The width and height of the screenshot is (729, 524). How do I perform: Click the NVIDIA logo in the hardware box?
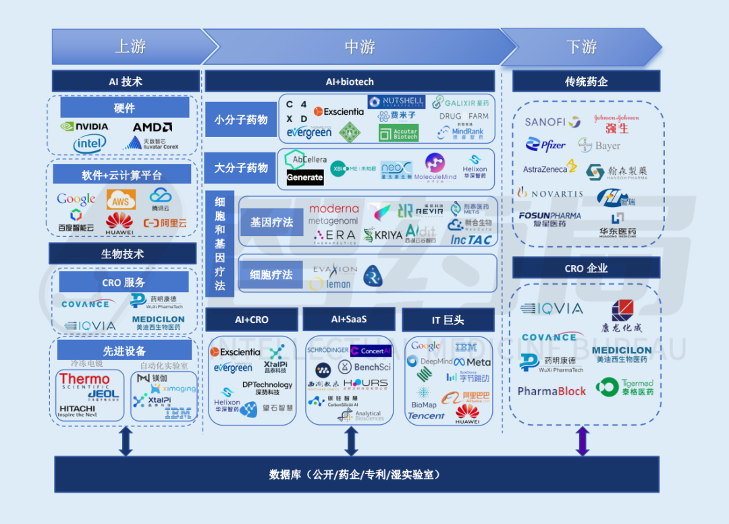pyautogui.click(x=84, y=126)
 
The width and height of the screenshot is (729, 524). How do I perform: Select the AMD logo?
pyautogui.click(x=152, y=127)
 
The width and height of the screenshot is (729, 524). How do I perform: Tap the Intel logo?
pyautogui.click(x=90, y=143)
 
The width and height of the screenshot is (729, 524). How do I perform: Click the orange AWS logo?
pyautogui.click(x=121, y=200)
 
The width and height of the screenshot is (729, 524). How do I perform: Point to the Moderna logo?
pyautogui.click(x=333, y=208)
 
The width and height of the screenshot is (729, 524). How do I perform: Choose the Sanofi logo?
pyautogui.click(x=552, y=122)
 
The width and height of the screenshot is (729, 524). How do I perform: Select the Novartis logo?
pyautogui.click(x=549, y=193)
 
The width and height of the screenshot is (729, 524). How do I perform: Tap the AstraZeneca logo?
pyautogui.click(x=549, y=168)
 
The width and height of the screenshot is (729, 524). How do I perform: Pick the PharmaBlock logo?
pyautogui.click(x=551, y=391)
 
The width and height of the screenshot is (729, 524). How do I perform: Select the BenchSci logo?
pyautogui.click(x=364, y=367)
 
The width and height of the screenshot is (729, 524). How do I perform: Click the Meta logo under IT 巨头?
pyautogui.click(x=473, y=362)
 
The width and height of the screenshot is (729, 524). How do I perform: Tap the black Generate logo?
pyautogui.click(x=305, y=177)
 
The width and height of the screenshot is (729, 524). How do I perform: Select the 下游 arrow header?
pyautogui.click(x=580, y=47)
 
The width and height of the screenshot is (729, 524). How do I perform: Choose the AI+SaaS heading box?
pyautogui.click(x=349, y=319)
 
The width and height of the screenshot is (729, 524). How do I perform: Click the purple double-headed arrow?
pyautogui.click(x=582, y=441)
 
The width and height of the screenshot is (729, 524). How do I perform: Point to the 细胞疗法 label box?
pyautogui.click(x=271, y=274)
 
